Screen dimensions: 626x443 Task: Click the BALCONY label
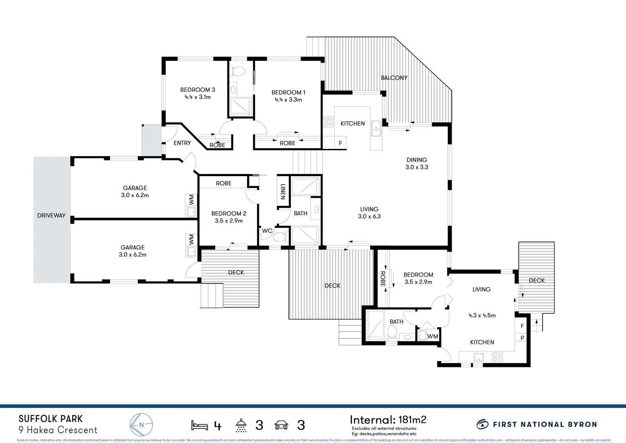394,78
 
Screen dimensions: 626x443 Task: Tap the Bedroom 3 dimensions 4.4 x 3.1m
197,97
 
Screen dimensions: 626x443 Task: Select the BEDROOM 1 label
288,92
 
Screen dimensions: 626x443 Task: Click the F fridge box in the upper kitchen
340,143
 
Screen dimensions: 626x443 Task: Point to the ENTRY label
182,143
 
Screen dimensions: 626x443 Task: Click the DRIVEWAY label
51,215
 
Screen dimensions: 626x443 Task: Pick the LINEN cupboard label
283,191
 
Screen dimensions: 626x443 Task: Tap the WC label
267,231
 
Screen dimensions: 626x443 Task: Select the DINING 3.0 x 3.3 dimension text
417,167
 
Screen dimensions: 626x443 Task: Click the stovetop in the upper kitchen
329,122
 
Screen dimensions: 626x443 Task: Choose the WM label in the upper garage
191,198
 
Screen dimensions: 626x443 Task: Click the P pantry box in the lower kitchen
522,338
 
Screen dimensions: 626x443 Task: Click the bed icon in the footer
199,425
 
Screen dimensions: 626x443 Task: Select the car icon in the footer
282,425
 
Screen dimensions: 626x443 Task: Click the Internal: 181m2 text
388,420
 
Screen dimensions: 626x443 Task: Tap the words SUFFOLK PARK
51,419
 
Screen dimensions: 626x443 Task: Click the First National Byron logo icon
482,424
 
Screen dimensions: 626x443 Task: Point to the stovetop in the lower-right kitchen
498,357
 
